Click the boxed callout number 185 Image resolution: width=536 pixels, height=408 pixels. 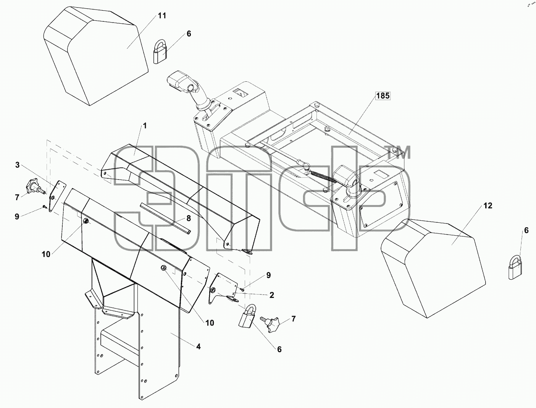click(383, 96)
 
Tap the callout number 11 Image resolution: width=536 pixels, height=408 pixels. click(162, 16)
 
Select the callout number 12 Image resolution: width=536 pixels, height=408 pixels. click(488, 206)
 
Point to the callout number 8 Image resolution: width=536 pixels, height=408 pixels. click(189, 219)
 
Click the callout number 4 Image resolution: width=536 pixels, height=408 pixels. click(198, 346)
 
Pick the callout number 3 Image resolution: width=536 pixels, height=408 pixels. click(17, 165)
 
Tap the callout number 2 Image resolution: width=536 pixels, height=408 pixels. click(272, 295)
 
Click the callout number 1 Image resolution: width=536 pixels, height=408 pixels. click(145, 126)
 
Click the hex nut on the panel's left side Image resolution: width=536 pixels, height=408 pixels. click(86, 221)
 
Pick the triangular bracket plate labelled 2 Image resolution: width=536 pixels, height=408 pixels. click(223, 288)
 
